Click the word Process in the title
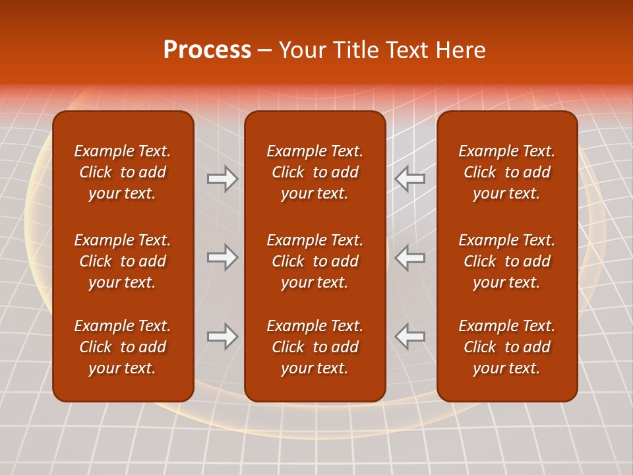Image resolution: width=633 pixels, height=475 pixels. click(207, 50)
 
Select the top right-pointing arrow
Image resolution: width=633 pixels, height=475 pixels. click(222, 179)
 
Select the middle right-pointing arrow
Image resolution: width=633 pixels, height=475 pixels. click(222, 257)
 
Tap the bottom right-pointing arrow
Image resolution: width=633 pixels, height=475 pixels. click(222, 336)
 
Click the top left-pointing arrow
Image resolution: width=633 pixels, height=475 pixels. click(410, 179)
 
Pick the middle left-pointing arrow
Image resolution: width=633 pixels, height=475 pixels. click(410, 257)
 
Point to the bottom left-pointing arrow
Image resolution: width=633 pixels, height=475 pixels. click(410, 336)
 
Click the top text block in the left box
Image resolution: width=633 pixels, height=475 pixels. click(123, 172)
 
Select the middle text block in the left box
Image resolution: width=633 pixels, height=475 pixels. click(123, 261)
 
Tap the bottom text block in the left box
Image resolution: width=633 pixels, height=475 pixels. click(123, 347)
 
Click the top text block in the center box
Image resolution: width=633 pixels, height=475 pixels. click(315, 172)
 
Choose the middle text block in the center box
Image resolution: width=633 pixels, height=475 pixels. click(315, 261)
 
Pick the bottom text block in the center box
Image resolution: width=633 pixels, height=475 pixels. click(315, 347)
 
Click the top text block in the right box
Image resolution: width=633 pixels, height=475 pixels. click(506, 172)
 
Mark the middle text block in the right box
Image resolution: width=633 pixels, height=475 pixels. click(506, 261)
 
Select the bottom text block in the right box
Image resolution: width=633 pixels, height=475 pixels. click(506, 347)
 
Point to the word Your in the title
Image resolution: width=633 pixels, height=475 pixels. click(303, 50)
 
